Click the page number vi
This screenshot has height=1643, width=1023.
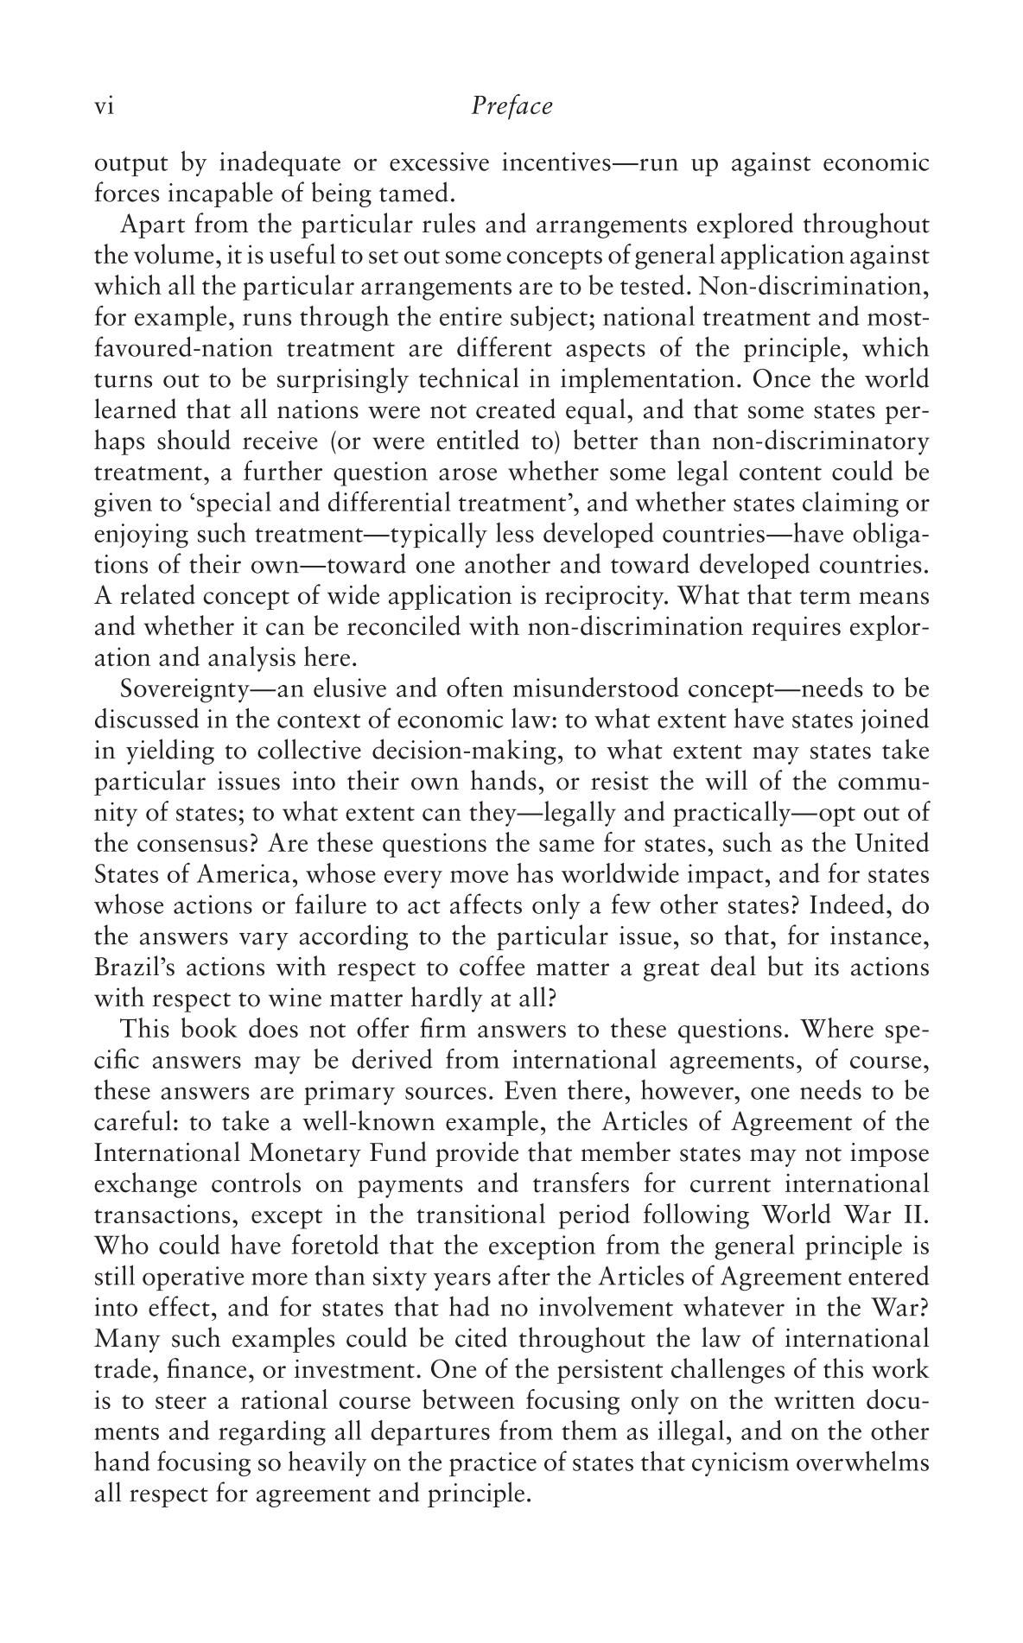point(104,107)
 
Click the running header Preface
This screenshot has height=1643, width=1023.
point(511,106)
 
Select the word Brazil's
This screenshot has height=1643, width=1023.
point(133,967)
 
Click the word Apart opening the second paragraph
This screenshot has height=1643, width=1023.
point(149,225)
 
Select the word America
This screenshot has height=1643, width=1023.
point(246,874)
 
